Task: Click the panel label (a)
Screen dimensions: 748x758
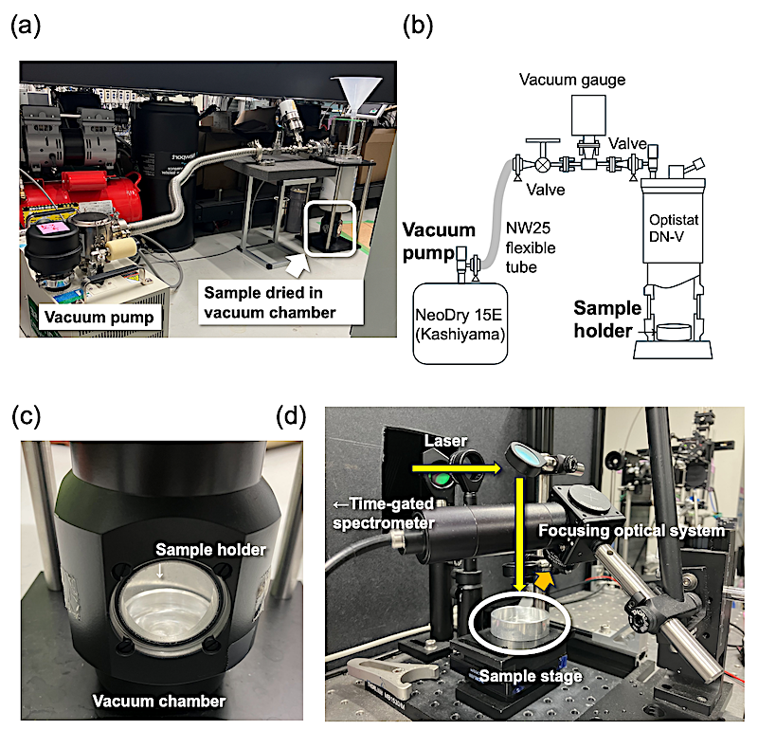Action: (x=27, y=27)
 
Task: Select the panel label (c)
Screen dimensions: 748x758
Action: (x=27, y=418)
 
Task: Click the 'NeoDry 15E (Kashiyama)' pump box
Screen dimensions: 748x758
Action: (x=460, y=321)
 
